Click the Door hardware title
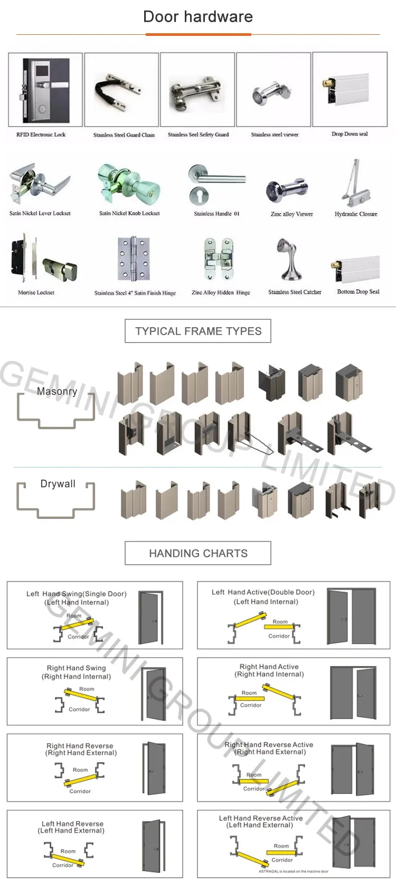198,17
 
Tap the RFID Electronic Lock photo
46,90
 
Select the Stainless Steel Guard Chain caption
124,135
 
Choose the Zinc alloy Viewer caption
291,214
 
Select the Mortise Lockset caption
36,292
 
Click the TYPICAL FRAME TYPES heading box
198,331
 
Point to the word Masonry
57,392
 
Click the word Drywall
58,484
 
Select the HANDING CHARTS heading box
198,553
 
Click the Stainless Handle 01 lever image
216,185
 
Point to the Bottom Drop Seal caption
358,291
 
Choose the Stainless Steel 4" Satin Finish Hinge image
135,260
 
